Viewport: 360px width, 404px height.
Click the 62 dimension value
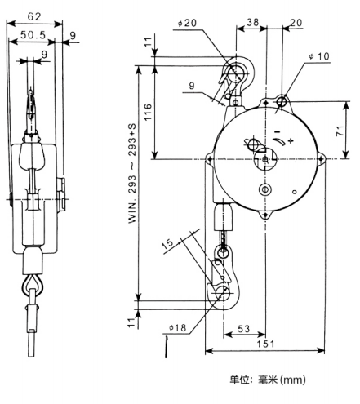click(34, 17)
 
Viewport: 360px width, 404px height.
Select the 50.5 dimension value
click(33, 35)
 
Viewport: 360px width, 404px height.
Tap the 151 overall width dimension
click(265, 344)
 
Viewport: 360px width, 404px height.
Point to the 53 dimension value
click(243, 329)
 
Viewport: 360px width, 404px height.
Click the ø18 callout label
click(177, 327)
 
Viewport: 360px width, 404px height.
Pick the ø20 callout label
click(187, 23)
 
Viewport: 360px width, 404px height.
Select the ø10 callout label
click(319, 56)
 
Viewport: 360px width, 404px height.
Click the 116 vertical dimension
click(148, 112)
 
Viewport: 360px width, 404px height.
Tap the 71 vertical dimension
click(340, 131)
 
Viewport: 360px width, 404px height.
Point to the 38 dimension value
click(252, 22)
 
